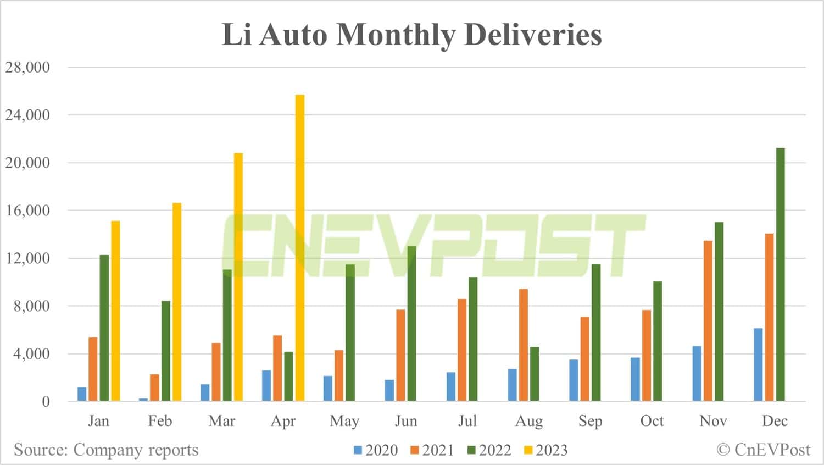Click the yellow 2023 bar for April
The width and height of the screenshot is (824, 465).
300,247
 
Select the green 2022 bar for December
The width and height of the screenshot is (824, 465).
780,274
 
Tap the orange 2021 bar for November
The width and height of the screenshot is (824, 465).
708,321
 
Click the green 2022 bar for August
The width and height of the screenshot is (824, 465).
535,374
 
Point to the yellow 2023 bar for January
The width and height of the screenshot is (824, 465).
115,311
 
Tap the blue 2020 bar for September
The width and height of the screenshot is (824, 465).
574,380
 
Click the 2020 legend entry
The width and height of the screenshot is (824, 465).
376,450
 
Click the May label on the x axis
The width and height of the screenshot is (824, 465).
344,421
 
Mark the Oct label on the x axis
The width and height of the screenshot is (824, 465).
652,421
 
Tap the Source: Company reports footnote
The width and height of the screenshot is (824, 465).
106,450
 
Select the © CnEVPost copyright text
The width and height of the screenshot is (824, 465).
763,450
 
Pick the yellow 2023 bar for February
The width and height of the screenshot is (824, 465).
177,302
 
